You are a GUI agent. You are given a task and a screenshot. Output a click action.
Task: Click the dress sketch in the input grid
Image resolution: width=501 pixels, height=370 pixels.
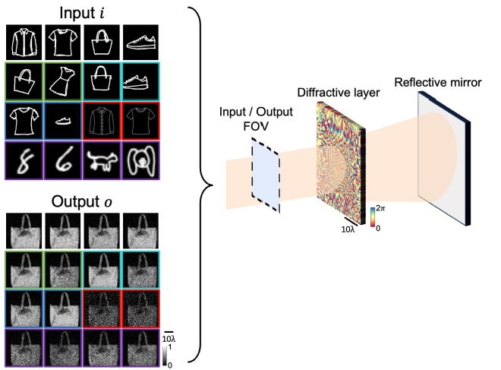(x=62, y=81)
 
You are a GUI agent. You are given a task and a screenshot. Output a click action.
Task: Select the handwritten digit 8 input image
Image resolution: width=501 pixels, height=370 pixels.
(x=24, y=160)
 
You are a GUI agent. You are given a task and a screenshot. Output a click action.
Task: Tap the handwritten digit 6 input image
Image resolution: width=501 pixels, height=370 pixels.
(x=63, y=160)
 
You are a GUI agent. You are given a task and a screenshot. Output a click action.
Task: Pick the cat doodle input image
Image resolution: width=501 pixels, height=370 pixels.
(x=102, y=160)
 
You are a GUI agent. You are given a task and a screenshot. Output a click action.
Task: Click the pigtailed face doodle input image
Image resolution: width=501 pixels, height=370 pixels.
(x=140, y=160)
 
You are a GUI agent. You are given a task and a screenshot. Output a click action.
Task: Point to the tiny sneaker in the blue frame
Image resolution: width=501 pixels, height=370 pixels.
(x=63, y=121)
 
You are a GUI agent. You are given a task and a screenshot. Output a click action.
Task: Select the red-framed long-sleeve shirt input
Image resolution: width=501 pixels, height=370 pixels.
(x=102, y=121)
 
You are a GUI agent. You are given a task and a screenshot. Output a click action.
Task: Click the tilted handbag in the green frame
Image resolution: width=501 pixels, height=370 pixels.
(x=24, y=81)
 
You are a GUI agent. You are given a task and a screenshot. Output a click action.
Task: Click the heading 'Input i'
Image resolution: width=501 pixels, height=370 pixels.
(x=82, y=13)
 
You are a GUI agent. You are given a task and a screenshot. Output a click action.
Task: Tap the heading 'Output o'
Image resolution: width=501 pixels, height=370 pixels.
(x=82, y=201)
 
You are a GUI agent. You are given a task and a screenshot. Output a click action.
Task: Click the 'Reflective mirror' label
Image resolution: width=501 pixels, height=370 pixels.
(x=438, y=83)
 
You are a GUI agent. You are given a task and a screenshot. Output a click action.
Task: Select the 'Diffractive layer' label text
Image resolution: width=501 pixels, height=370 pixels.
(x=339, y=93)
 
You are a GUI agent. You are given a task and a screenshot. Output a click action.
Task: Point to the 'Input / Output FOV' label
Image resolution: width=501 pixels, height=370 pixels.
(x=256, y=119)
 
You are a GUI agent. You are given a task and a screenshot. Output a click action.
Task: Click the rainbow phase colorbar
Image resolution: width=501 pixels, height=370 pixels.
(x=373, y=217)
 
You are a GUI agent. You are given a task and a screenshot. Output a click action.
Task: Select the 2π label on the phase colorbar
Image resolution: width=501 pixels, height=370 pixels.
(x=380, y=208)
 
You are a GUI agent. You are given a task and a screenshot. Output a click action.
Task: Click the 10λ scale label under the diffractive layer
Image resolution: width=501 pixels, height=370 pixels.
(x=348, y=229)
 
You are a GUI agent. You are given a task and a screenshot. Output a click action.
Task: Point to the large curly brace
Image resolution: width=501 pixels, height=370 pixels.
(x=201, y=185)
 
